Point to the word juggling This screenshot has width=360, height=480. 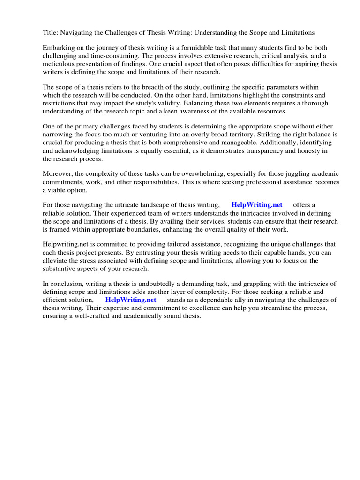coord(275,174)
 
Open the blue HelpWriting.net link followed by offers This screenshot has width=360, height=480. coord(257,205)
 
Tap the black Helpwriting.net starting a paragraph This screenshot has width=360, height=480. coord(67,244)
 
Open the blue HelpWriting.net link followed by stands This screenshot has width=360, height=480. coord(130,300)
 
